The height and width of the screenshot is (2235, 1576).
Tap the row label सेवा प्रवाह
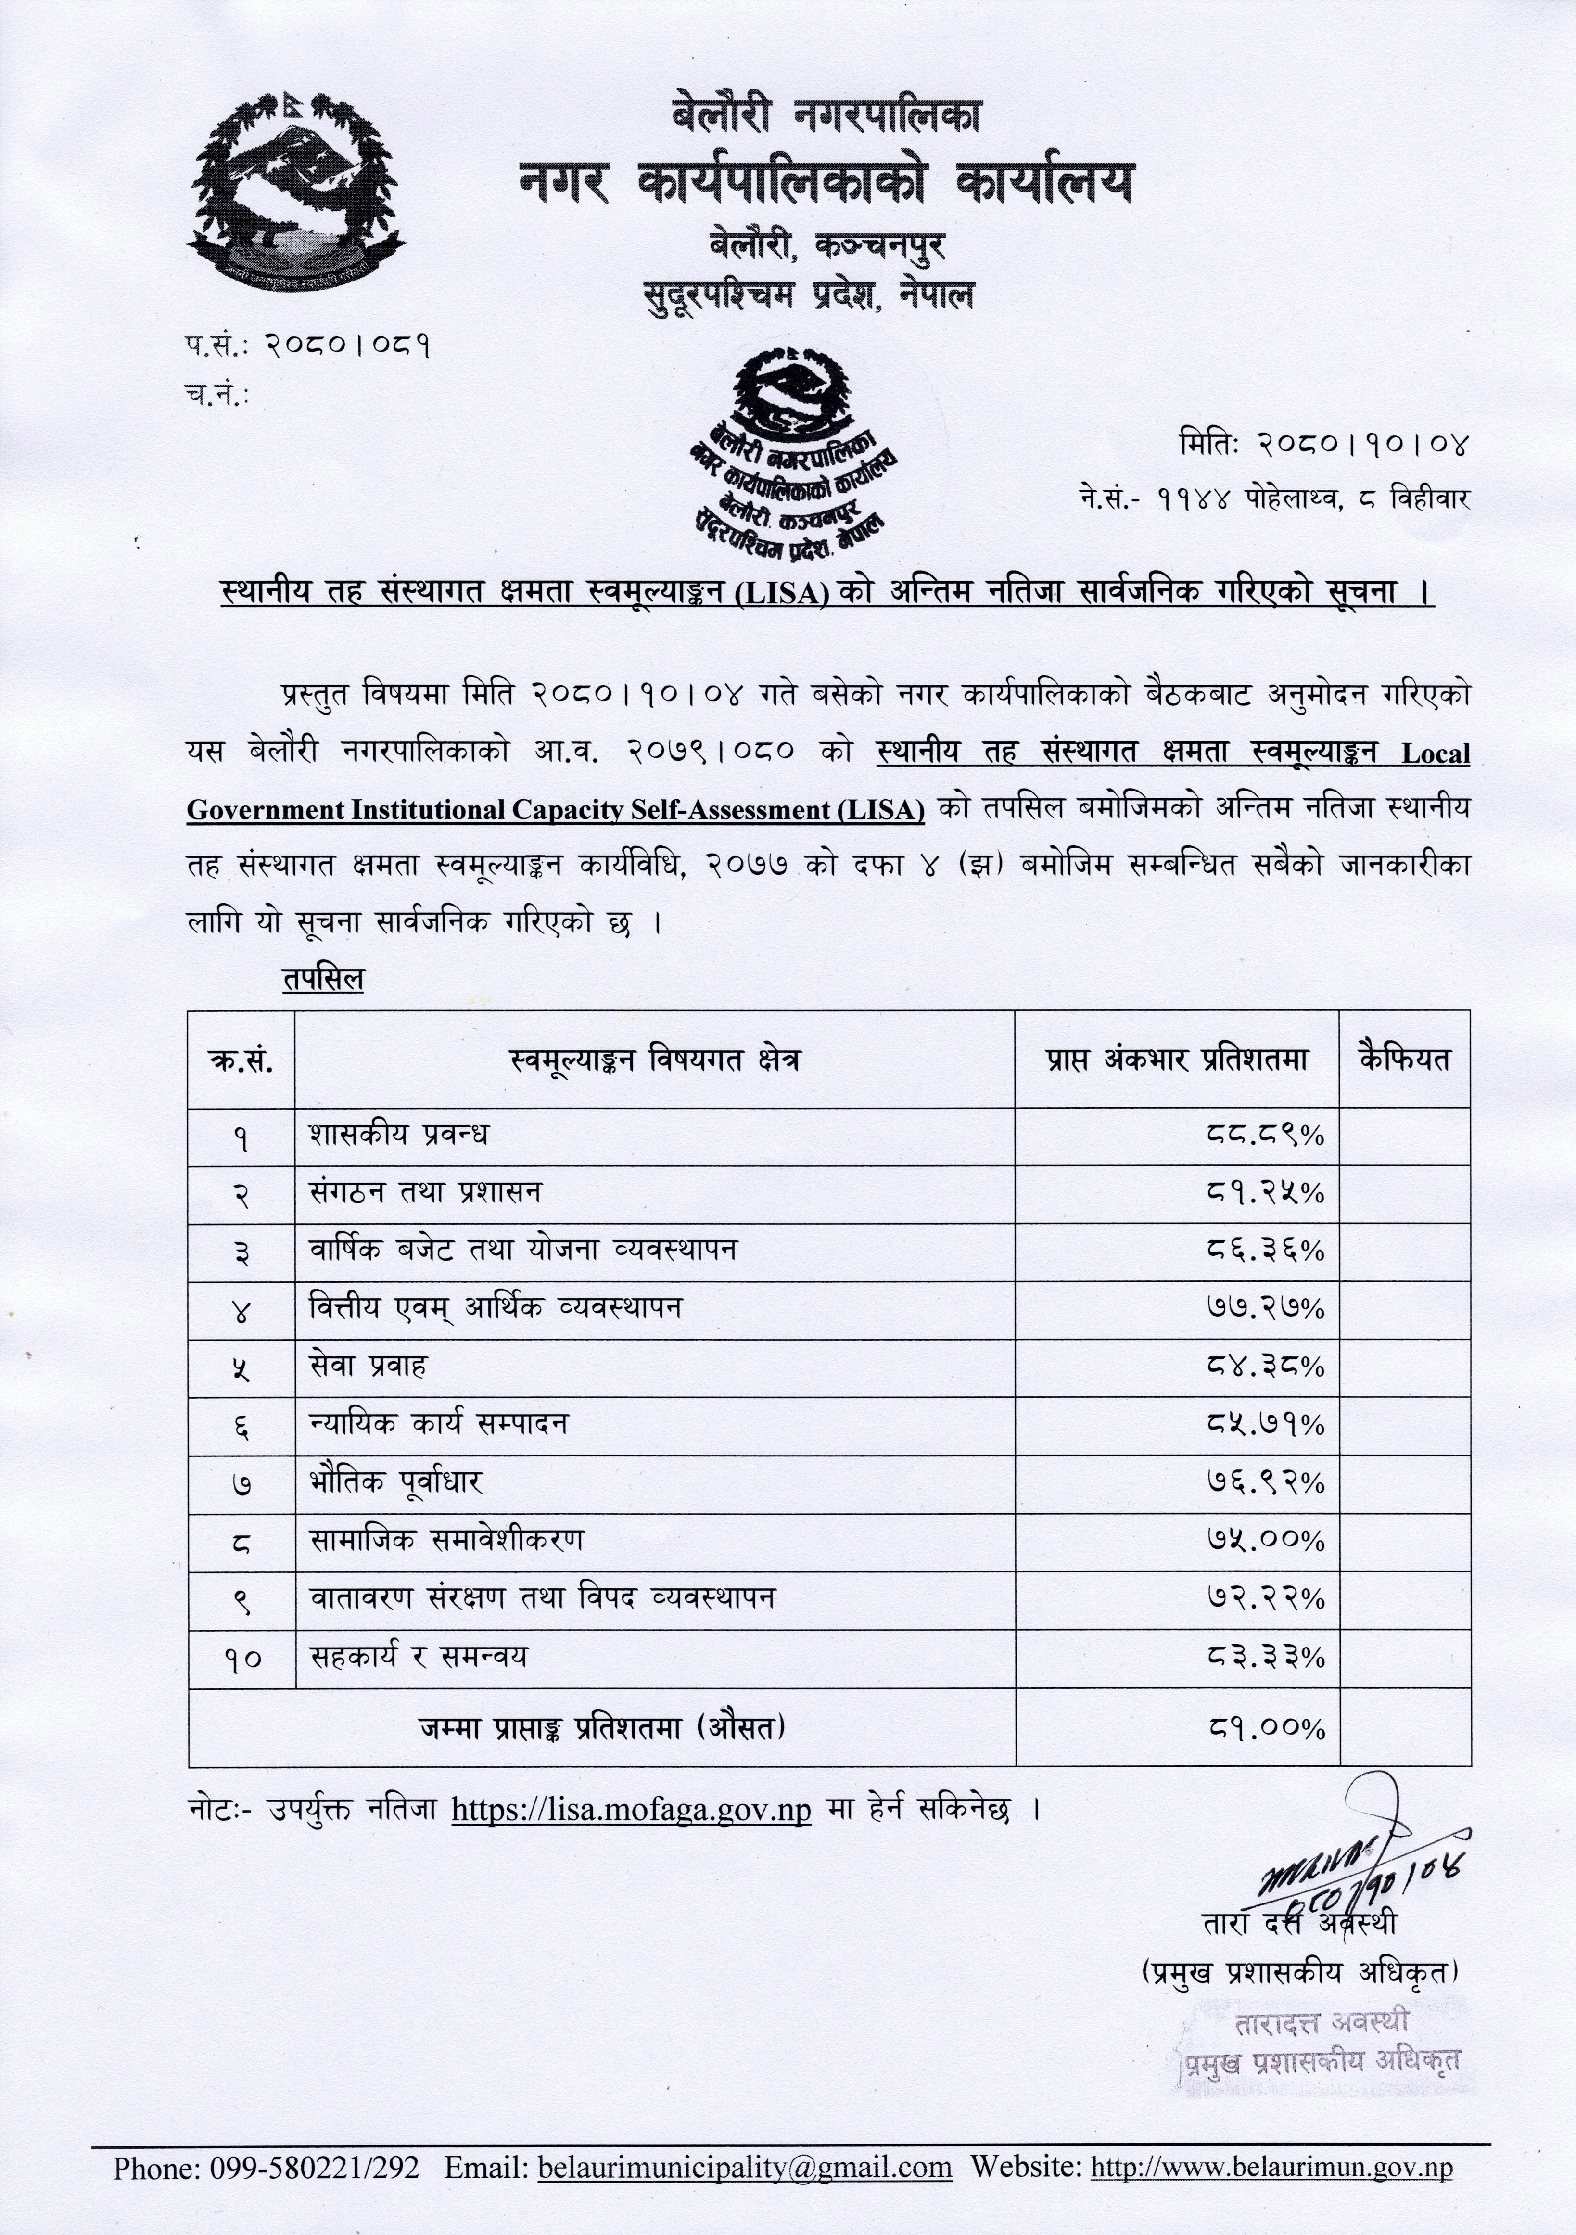coord(368,1366)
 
